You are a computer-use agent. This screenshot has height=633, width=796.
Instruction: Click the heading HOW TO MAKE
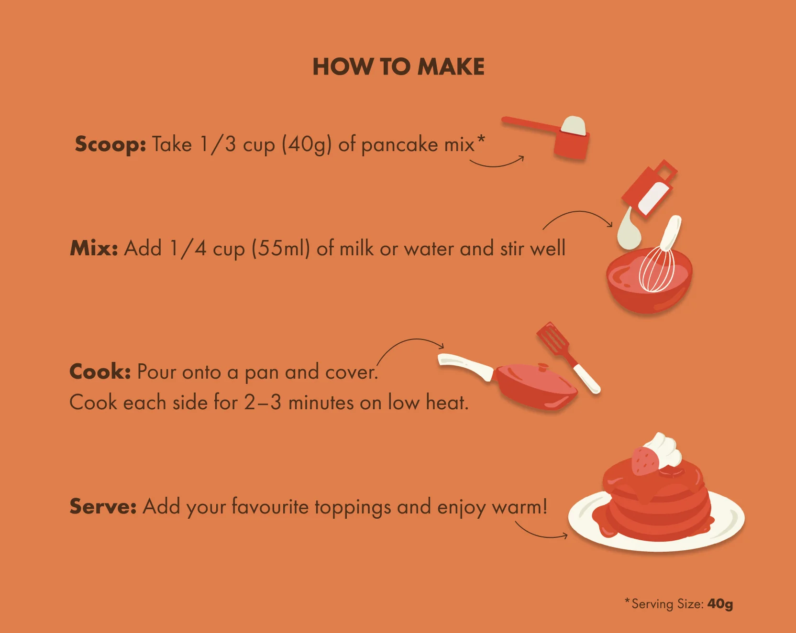coord(398,67)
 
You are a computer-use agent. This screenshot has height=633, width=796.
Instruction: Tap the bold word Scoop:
coord(111,144)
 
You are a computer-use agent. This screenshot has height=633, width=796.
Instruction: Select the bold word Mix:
coord(94,248)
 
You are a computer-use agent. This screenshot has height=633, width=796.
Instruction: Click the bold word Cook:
coord(100,371)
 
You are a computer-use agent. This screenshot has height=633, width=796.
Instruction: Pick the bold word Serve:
coord(103,506)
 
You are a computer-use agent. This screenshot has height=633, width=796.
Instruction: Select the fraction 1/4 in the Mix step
coord(188,249)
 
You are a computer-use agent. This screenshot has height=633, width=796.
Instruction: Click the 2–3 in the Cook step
coord(263,403)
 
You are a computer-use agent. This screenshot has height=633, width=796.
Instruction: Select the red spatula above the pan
coord(568,357)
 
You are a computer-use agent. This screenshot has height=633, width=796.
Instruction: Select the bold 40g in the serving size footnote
coord(720,604)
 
